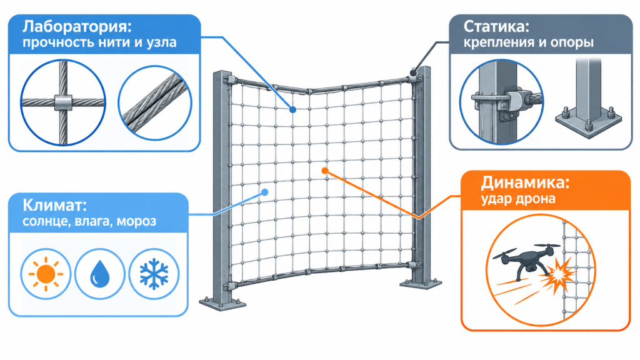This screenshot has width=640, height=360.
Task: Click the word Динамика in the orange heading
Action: (521, 182)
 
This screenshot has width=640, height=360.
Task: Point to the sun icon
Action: (46, 274)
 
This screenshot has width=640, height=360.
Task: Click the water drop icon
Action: (99, 274)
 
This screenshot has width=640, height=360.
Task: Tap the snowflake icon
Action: (154, 274)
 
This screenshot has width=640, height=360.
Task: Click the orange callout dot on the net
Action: (325, 171)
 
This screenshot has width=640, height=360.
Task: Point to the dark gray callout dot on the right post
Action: (414, 74)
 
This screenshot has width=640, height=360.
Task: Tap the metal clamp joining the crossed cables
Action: (63, 102)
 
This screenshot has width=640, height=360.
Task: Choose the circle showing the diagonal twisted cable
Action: (155, 102)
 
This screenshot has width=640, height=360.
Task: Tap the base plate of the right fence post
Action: (421, 283)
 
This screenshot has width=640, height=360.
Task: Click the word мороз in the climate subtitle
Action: (136, 222)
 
